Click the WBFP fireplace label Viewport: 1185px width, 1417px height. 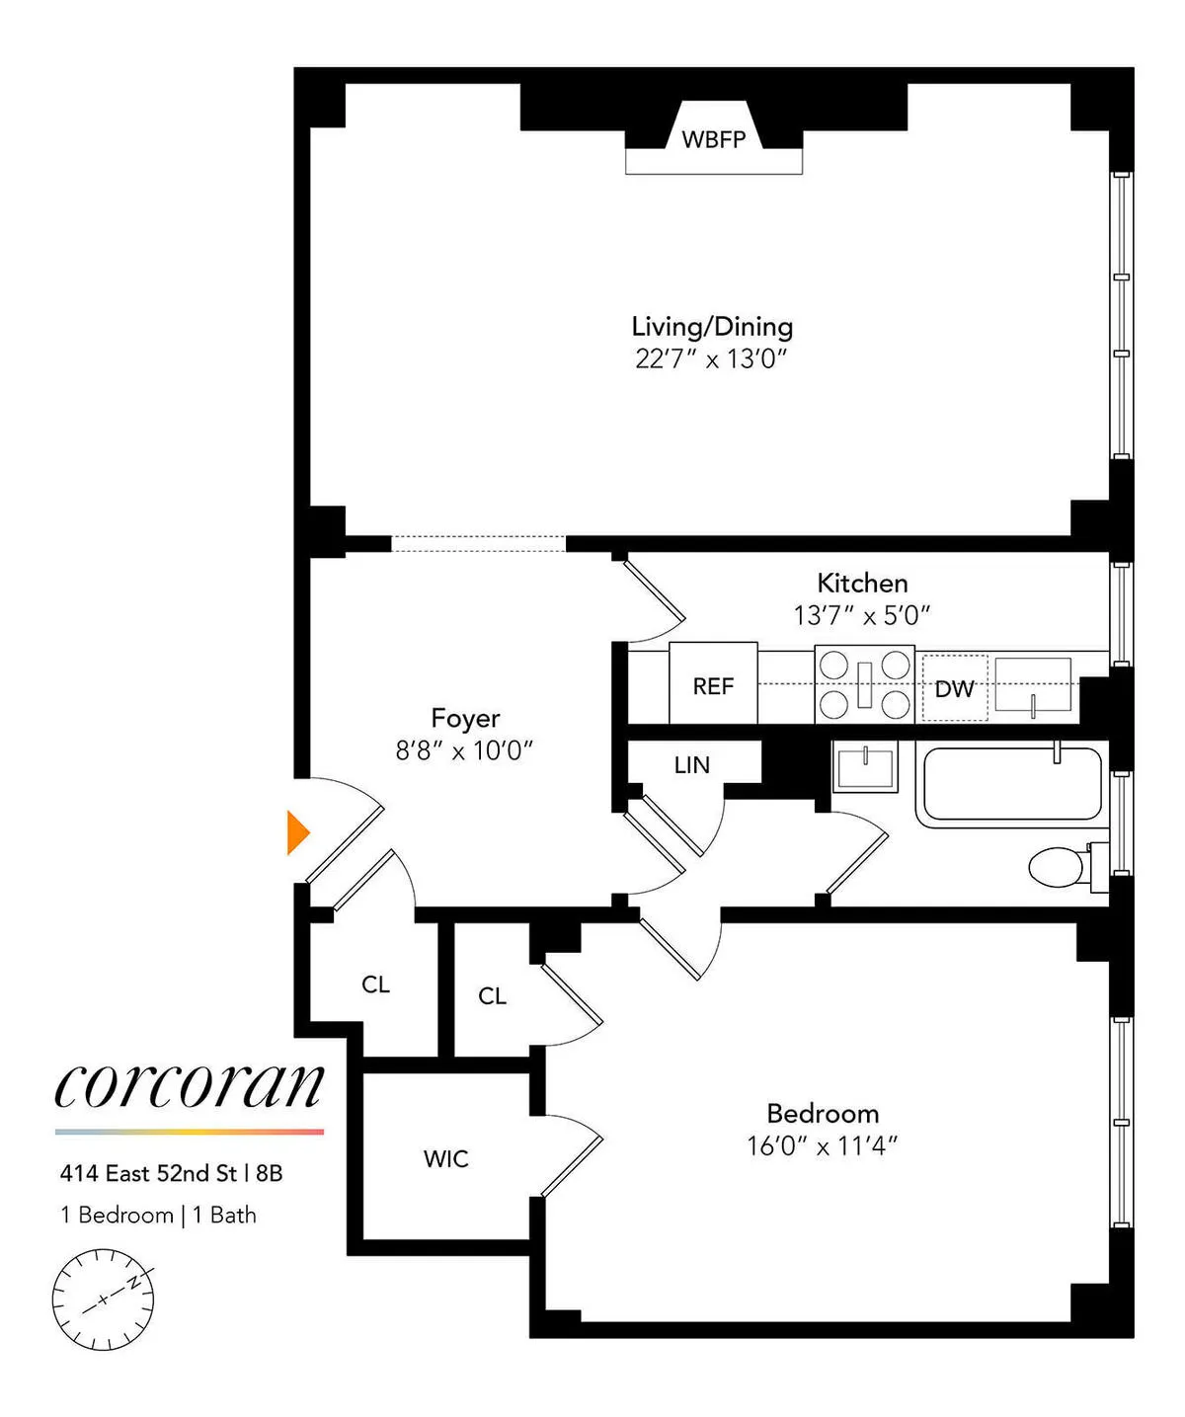(x=713, y=139)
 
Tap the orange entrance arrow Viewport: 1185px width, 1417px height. (x=297, y=832)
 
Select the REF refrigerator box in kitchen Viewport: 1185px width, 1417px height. (x=713, y=685)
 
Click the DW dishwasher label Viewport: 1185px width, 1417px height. (x=954, y=688)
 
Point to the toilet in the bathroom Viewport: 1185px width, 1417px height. (x=1058, y=867)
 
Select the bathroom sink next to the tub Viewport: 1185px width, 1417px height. (x=865, y=767)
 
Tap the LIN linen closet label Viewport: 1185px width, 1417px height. (x=691, y=764)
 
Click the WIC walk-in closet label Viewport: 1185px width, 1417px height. (x=445, y=1158)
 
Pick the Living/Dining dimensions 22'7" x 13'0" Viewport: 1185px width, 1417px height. (x=711, y=358)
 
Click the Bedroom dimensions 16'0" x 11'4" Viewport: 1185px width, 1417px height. (x=822, y=1145)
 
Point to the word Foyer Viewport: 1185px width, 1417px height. (x=465, y=718)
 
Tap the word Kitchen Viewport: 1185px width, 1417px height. (x=862, y=583)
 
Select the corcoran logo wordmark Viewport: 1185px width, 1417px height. (x=189, y=1086)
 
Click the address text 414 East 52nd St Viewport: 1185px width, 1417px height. (x=148, y=1173)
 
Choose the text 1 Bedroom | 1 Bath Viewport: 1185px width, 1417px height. (x=158, y=1215)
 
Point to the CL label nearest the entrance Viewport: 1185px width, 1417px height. (x=375, y=984)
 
